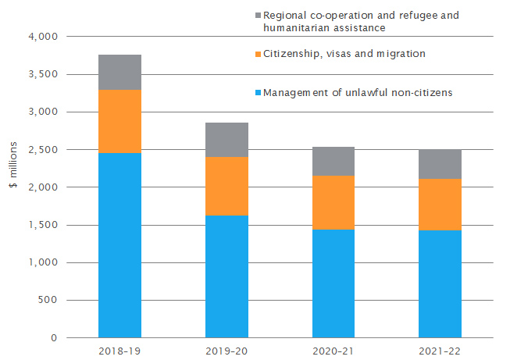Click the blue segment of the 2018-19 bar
click(119, 245)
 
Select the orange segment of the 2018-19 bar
click(119, 121)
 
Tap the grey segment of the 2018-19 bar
click(119, 72)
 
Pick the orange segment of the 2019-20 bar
click(226, 186)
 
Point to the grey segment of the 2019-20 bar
click(226, 140)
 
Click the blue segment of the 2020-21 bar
click(333, 283)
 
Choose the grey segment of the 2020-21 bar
click(333, 161)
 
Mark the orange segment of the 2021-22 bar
click(440, 205)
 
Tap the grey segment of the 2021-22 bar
click(440, 164)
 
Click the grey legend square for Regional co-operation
click(257, 15)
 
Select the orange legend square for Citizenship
click(257, 53)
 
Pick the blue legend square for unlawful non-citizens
click(257, 93)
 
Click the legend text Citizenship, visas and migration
click(344, 53)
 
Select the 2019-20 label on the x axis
click(226, 351)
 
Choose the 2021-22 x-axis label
click(440, 351)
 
